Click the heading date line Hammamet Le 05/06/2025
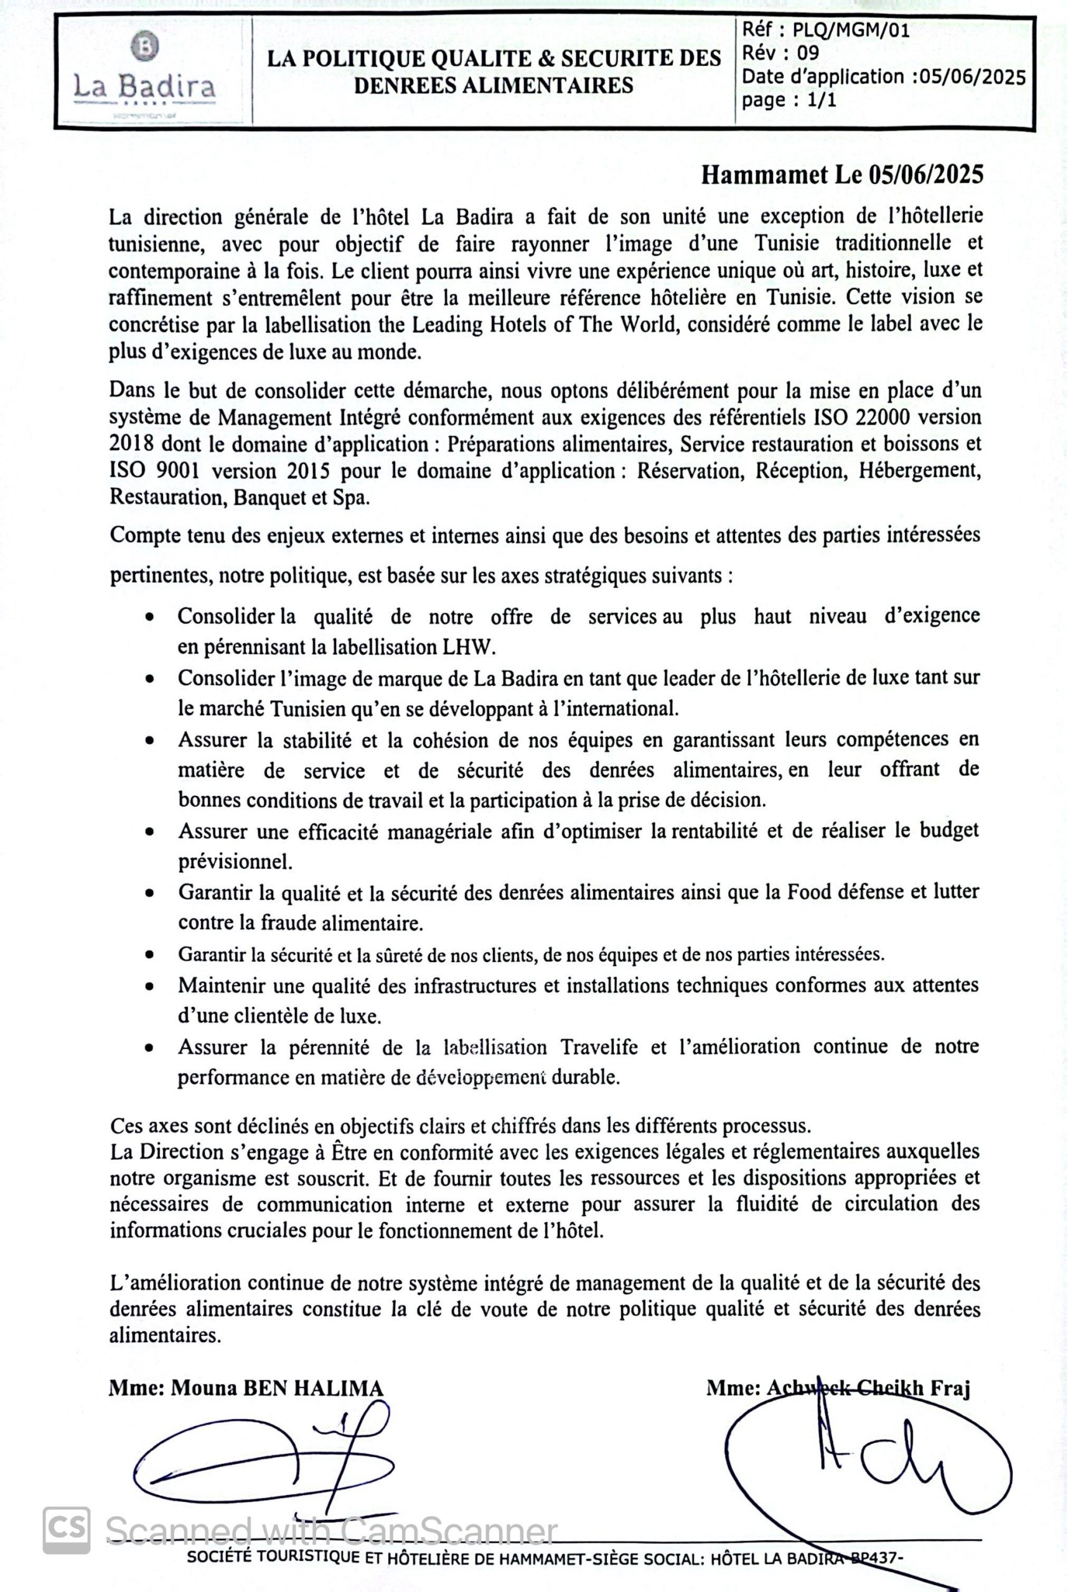842,175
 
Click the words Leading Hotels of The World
545,325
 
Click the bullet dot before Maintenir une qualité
149,986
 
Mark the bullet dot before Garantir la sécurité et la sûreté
149,955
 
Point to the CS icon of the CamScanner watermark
66,1530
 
